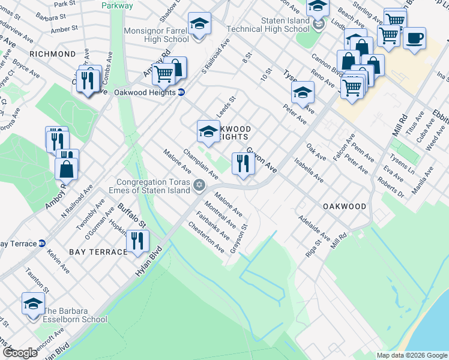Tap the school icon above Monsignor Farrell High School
click(199, 25)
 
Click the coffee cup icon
click(414, 38)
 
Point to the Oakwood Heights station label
click(146, 92)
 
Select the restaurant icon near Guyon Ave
click(243, 163)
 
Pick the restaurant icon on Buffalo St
click(137, 241)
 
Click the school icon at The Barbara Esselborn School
click(33, 304)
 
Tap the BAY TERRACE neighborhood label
click(98, 252)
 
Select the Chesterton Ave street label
click(206, 238)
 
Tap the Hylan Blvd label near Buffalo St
click(149, 262)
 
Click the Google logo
click(20, 353)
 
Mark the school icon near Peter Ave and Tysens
click(303, 92)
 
